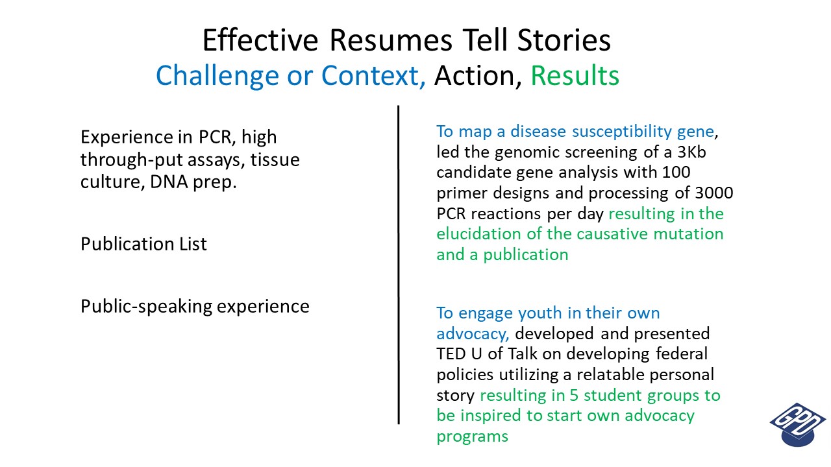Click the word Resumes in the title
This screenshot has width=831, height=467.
391,40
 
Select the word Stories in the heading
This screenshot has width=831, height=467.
564,40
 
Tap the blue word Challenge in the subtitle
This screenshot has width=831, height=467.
217,77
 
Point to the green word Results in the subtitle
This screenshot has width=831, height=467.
575,76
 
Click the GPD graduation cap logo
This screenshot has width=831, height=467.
798,424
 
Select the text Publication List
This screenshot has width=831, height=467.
143,244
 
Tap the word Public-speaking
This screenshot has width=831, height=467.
146,307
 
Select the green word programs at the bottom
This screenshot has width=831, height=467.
472,437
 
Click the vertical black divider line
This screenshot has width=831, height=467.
399,265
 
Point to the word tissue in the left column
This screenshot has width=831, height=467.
275,160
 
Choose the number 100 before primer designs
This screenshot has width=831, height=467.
676,173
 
